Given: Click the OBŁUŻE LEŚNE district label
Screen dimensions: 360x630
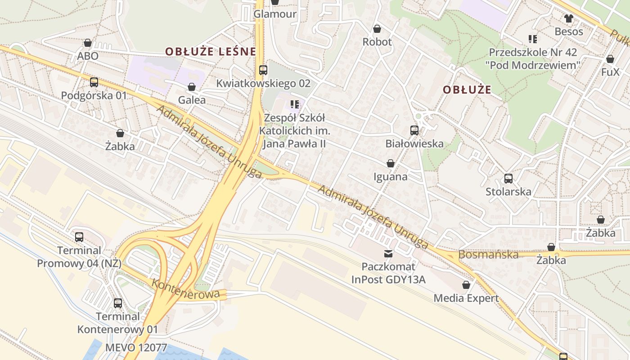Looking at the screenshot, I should click(210, 51).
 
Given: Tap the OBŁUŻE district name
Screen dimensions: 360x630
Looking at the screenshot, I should click(467, 90).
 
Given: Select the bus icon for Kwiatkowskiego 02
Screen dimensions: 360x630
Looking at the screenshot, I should click(263, 70).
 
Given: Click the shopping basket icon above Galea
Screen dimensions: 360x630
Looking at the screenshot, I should click(192, 87).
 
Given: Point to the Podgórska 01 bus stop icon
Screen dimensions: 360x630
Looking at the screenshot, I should click(94, 82).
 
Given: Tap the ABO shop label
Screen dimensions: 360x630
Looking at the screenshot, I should click(88, 56).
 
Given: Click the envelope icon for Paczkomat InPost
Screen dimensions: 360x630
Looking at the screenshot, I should click(388, 253).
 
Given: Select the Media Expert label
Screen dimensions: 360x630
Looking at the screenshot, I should click(466, 298).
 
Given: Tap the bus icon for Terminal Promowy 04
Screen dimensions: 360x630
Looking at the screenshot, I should click(79, 237).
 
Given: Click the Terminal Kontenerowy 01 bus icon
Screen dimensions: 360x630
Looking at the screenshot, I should click(118, 303).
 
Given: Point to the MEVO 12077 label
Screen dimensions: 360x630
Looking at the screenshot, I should click(136, 347).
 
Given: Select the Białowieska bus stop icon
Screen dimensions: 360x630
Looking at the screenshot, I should click(414, 130).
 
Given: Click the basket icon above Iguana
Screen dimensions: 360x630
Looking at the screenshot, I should click(391, 163).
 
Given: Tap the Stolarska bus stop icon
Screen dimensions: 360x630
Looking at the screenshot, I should click(508, 179).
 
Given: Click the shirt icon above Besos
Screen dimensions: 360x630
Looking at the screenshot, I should click(569, 18).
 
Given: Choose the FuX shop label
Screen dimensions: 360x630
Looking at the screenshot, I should click(610, 72).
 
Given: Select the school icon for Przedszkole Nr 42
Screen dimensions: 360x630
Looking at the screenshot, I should click(533, 39).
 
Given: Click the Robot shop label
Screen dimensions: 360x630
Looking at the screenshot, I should click(377, 42).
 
